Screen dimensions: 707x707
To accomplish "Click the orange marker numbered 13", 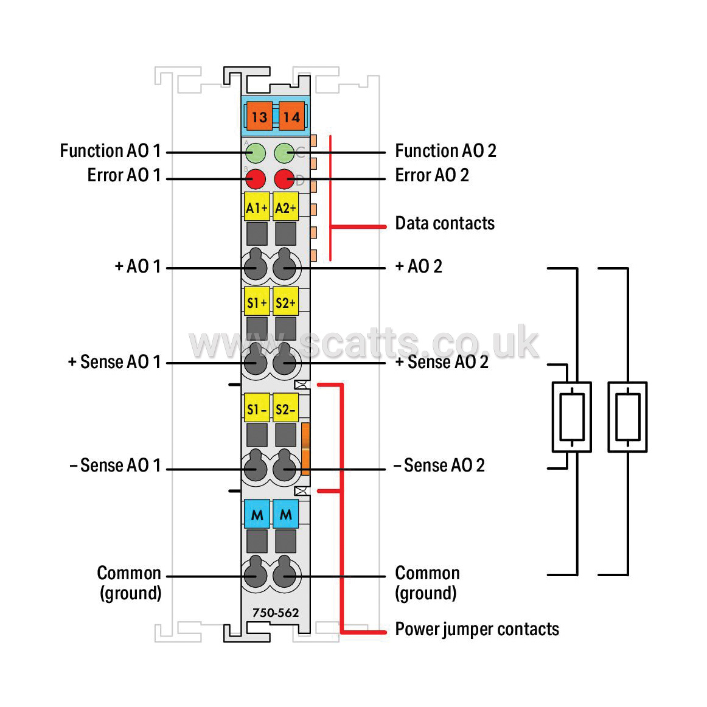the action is [x=259, y=116].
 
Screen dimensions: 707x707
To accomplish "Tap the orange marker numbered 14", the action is [x=291, y=116].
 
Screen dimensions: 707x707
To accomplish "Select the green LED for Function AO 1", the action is [x=256, y=153].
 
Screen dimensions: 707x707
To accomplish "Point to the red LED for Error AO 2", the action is [x=285, y=179].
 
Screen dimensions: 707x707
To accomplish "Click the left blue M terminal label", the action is [x=257, y=514].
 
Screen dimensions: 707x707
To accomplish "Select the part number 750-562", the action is [x=276, y=613].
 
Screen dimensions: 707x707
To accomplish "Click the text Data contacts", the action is [x=445, y=223].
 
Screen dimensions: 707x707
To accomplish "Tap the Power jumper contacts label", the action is [x=477, y=630].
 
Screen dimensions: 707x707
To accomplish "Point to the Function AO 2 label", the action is [x=445, y=151].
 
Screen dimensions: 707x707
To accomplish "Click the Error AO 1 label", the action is [x=124, y=175].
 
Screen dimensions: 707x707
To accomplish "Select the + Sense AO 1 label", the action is [x=114, y=361].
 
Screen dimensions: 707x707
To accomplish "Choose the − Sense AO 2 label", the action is [x=439, y=465].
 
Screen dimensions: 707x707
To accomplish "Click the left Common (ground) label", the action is [x=130, y=583].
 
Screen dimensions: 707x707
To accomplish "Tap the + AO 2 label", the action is [x=419, y=266].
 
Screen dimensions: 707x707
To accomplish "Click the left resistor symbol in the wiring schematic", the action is [x=572, y=417].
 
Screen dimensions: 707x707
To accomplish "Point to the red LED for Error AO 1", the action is [x=256, y=179].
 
